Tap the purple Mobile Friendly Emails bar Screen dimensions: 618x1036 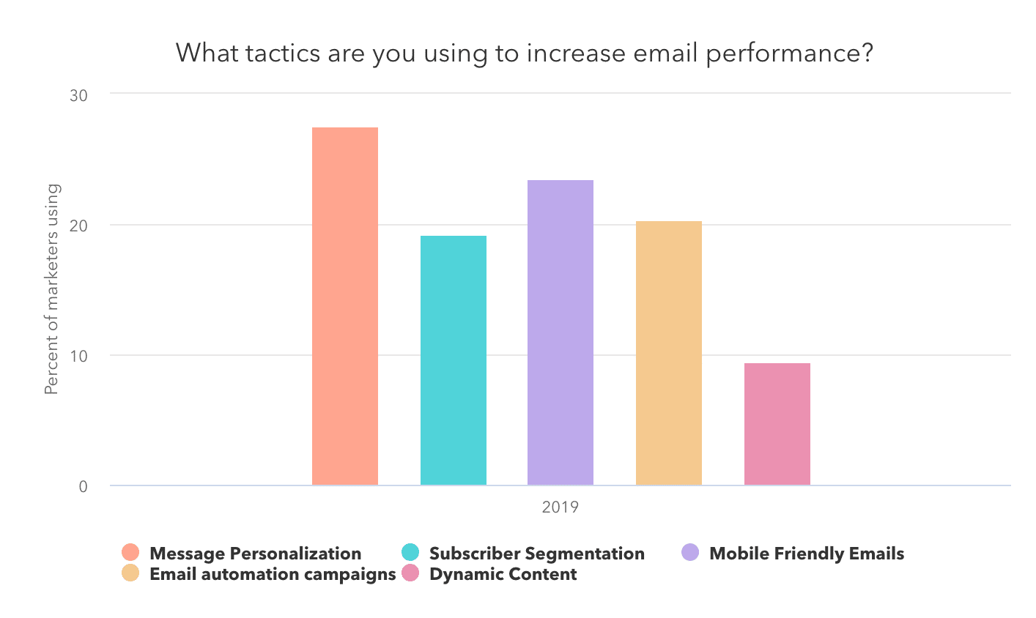click(x=560, y=332)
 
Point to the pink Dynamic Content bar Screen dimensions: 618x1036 click(x=777, y=424)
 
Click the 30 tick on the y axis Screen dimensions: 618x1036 click(x=78, y=95)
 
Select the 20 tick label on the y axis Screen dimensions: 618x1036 click(x=78, y=226)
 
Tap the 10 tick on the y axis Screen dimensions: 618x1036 click(x=78, y=356)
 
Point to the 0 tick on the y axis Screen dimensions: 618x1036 click(x=83, y=486)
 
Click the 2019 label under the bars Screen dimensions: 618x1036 click(x=560, y=507)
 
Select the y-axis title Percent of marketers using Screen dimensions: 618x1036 click(x=51, y=289)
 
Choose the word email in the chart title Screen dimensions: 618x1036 click(x=663, y=53)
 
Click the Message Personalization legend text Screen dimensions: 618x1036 click(x=255, y=554)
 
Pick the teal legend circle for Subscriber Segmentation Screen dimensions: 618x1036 click(x=410, y=553)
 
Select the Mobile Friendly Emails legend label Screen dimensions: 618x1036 click(x=807, y=554)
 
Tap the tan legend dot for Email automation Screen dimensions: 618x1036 click(x=130, y=573)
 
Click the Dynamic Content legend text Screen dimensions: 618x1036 click(x=503, y=574)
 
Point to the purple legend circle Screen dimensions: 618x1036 click(x=690, y=553)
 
